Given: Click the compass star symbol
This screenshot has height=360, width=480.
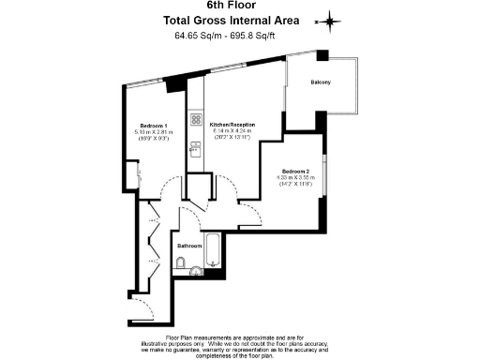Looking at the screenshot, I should (332, 20).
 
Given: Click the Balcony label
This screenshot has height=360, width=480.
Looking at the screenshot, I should (321, 82).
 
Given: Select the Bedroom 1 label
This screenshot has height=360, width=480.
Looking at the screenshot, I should (154, 126).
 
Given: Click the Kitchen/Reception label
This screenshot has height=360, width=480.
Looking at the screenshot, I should (232, 125).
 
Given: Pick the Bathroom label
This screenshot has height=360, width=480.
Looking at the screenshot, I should (189, 246).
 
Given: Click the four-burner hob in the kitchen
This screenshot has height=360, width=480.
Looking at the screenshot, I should (197, 118).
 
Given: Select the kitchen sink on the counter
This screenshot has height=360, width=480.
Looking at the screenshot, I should (197, 147).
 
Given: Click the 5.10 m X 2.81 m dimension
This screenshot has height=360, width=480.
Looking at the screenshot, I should (154, 133).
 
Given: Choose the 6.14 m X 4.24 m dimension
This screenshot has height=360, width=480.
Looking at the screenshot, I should (232, 132).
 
